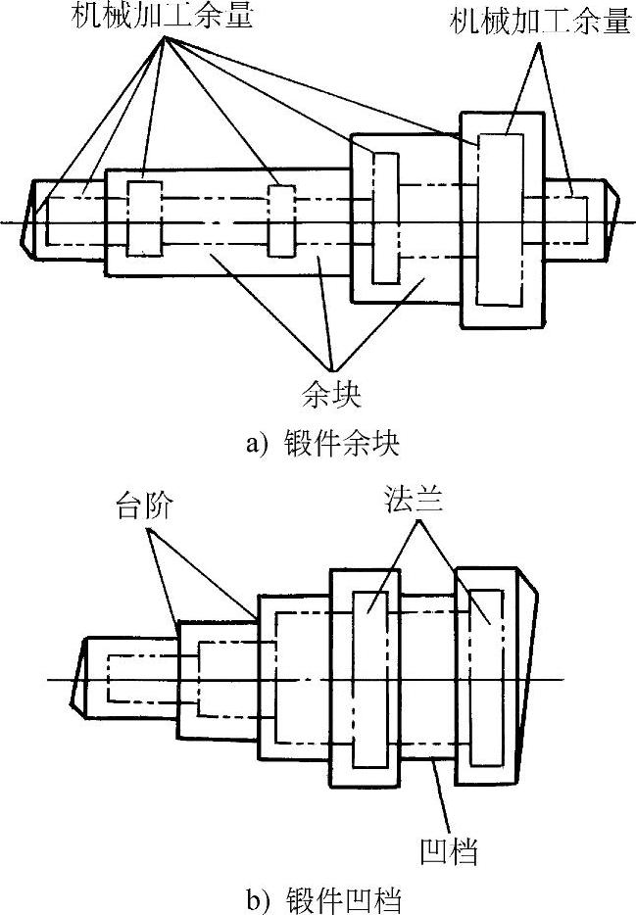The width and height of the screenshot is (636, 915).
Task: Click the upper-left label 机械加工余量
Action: (x=159, y=17)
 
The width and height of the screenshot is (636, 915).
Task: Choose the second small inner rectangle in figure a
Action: (x=280, y=221)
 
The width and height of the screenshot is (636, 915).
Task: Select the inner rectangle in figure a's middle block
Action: (x=384, y=219)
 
